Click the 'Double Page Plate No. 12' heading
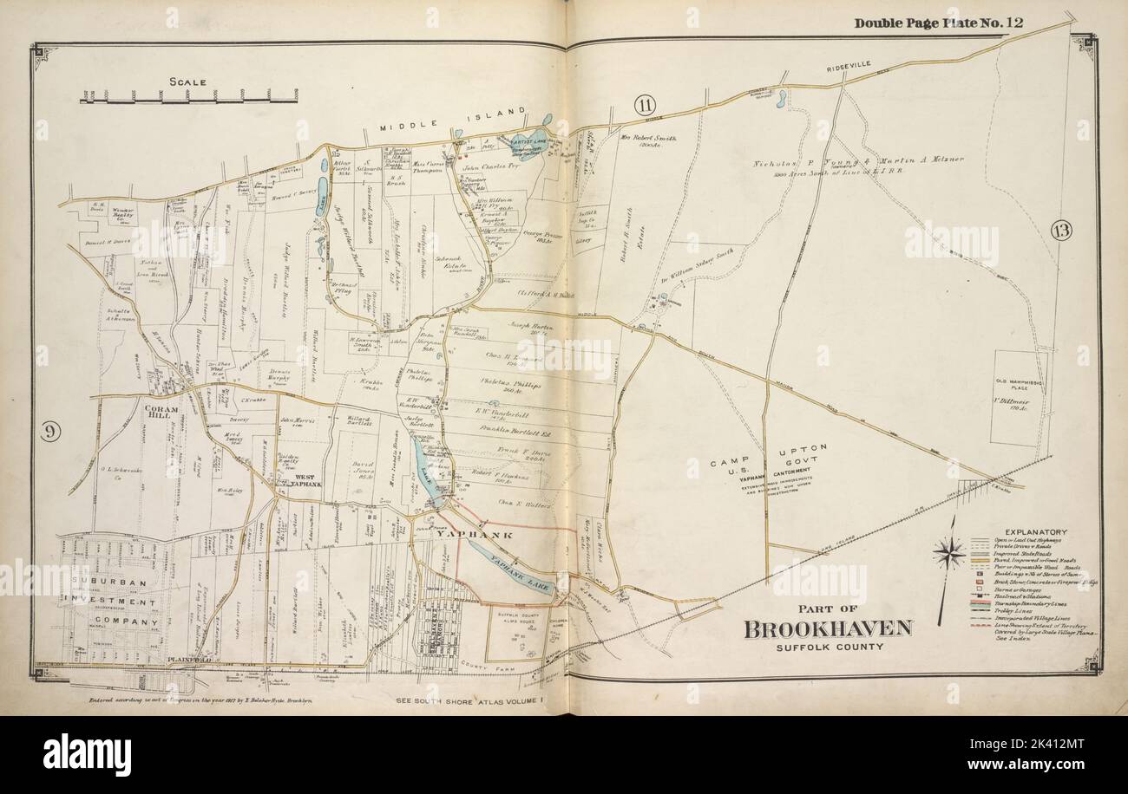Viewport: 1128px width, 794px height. [939, 23]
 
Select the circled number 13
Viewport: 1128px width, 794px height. [1060, 230]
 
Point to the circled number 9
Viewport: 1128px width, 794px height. [49, 431]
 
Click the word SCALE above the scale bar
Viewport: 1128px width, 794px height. [187, 82]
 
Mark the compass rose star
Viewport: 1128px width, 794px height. [950, 552]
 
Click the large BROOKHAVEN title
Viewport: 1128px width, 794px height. [827, 628]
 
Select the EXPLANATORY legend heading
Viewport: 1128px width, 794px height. [1035, 531]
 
